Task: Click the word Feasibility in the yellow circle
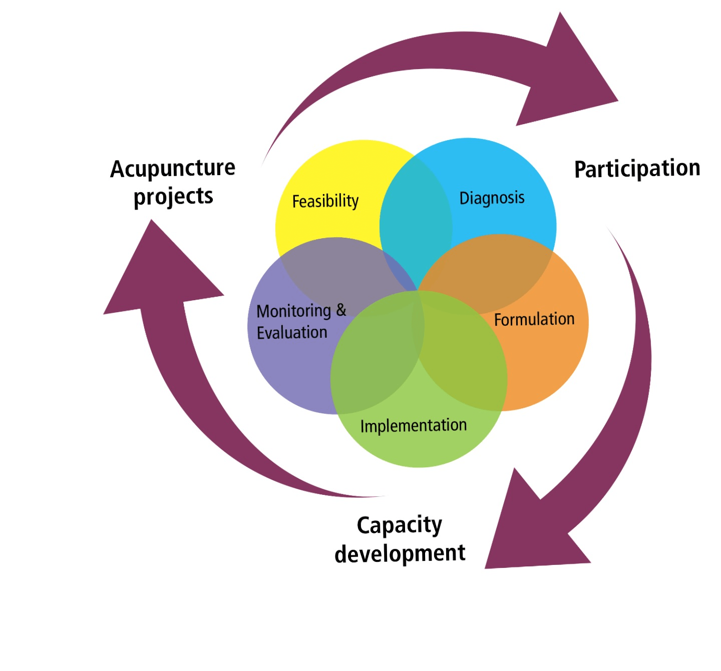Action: pos(325,201)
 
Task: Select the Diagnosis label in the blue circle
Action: pos(492,198)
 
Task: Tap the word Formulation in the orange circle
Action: pos(534,319)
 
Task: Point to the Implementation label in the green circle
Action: pos(413,426)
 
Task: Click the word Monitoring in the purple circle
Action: pos(293,311)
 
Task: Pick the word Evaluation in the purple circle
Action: pos(292,333)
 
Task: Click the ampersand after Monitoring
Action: pos(341,310)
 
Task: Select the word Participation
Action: pos(636,169)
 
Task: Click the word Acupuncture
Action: pos(173,169)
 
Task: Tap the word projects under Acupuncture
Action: pos(173,197)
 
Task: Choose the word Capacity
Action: pos(399,525)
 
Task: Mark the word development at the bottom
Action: pos(400,553)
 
